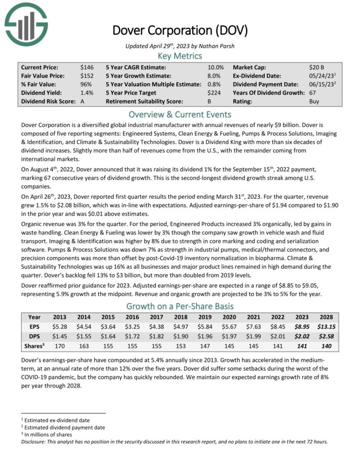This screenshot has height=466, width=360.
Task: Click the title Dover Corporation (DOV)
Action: (179, 31)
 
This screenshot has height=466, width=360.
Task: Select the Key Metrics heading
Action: (179, 56)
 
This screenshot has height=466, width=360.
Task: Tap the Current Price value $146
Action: (87, 67)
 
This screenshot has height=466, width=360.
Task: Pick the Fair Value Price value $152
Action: (87, 76)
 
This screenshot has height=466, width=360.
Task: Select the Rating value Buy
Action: (314, 101)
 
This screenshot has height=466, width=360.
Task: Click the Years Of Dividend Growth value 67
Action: (313, 92)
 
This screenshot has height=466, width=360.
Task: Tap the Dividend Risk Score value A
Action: (83, 101)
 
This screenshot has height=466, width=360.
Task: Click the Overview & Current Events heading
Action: (179, 114)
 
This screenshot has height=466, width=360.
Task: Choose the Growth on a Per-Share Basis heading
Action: (179, 306)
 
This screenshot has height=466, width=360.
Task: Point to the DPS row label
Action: (35, 337)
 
